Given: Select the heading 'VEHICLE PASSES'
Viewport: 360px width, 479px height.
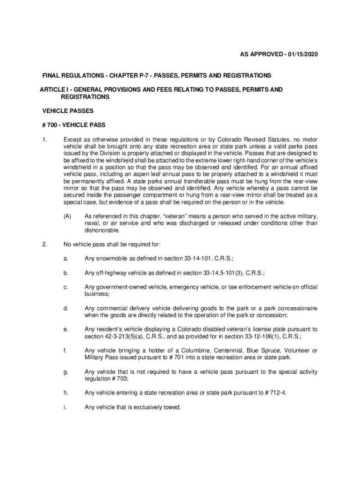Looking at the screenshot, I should pyautogui.click(x=68, y=111).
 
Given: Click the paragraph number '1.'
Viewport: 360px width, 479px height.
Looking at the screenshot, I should pyautogui.click(x=44, y=139).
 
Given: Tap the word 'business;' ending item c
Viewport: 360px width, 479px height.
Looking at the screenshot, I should pyautogui.click(x=97, y=293).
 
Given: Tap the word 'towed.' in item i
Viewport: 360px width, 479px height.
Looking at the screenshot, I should pyautogui.click(x=171, y=407).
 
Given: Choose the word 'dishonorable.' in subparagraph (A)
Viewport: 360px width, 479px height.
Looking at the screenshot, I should pyautogui.click(x=102, y=230).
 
